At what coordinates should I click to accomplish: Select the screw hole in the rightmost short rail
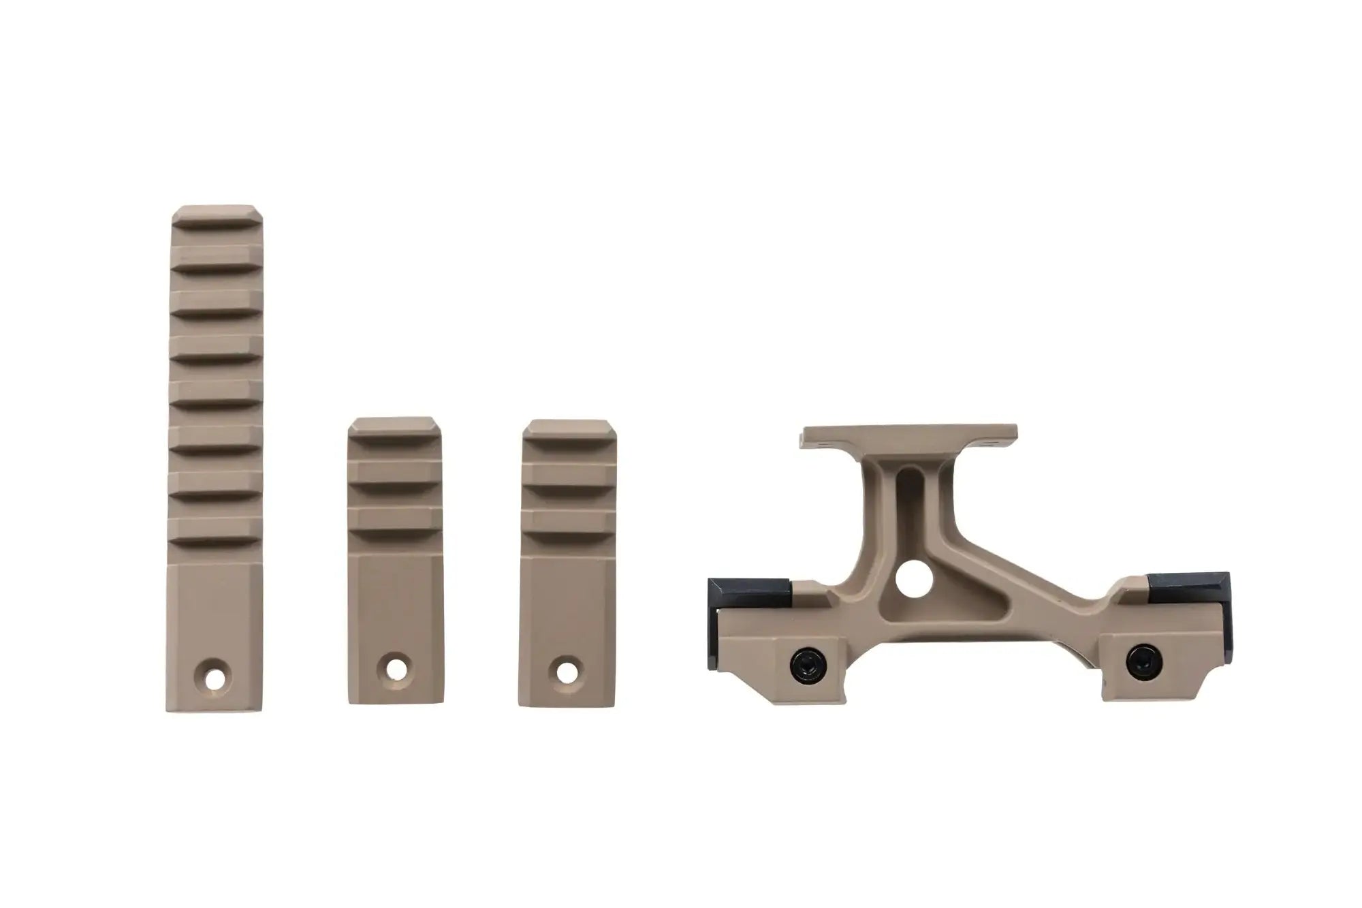[565, 670]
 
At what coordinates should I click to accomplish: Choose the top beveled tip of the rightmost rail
[567, 428]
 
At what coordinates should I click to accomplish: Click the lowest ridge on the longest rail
[215, 531]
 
